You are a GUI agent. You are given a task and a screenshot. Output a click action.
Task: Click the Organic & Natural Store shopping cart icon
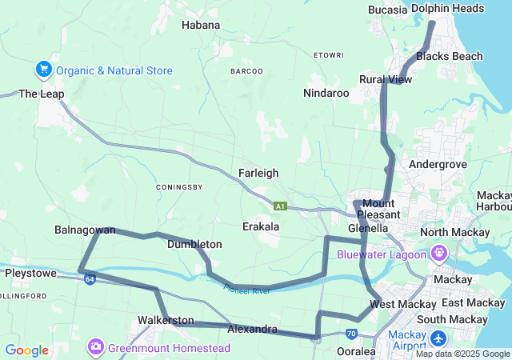click(44, 70)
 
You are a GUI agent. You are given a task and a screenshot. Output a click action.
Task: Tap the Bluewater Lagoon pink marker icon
click(439, 254)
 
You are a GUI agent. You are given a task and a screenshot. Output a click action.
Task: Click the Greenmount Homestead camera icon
click(96, 347)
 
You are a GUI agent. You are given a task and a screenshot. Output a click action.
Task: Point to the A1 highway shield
click(280, 206)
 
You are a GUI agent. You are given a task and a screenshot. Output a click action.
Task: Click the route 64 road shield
click(90, 278)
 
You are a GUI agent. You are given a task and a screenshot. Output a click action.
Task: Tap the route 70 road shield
click(351, 333)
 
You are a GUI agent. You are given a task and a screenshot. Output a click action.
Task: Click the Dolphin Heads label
click(447, 8)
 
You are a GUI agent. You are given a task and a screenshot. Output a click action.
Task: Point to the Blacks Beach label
click(450, 56)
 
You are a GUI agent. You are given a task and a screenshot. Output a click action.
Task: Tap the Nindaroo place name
click(326, 93)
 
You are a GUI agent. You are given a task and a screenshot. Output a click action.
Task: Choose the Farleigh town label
click(258, 172)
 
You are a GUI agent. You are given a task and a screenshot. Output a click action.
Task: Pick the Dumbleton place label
click(194, 244)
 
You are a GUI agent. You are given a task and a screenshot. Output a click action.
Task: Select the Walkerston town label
click(166, 320)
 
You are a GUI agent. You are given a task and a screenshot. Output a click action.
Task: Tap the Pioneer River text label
click(247, 289)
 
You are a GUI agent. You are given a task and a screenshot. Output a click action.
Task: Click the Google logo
click(27, 350)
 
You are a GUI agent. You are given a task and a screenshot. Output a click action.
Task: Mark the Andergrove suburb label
click(438, 164)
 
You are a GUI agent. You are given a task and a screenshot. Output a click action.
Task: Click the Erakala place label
click(261, 226)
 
